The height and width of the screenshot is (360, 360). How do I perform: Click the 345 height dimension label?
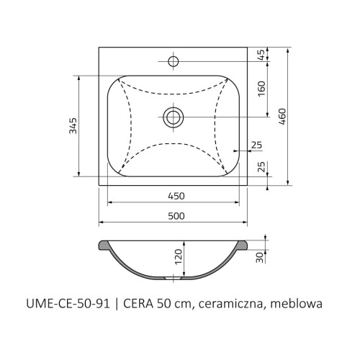click(73, 125)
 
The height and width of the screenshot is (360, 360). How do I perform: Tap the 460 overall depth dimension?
click(282, 117)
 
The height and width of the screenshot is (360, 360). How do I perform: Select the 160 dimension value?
click(261, 89)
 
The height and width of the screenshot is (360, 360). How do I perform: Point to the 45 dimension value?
click(262, 55)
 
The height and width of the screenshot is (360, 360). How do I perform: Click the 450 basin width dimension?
click(176, 196)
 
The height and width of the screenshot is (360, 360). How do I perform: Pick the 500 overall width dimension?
click(176, 216)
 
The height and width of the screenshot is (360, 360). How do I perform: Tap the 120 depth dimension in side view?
click(179, 257)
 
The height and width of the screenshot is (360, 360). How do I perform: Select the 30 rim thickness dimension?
click(260, 258)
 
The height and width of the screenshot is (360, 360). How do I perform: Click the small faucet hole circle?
click(173, 61)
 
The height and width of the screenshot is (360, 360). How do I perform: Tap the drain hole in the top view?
click(174, 117)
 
